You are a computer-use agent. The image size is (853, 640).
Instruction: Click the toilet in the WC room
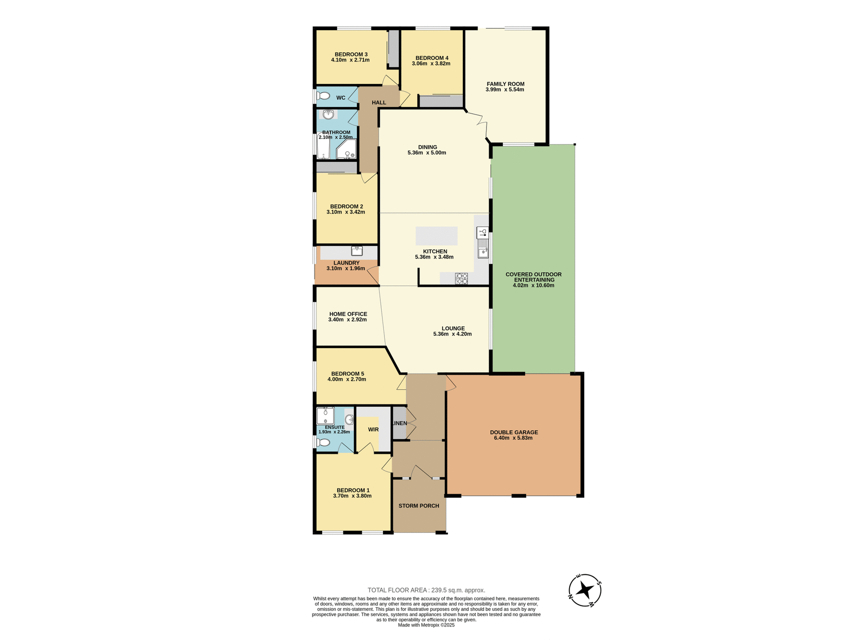coord(323,96)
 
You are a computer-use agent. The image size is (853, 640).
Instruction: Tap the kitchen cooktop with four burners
coord(462,279)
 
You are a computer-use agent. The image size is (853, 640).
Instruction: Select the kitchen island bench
coord(436,236)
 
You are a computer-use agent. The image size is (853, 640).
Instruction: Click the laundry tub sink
coord(357,251)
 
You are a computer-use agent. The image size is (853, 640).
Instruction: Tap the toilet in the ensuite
coord(323,443)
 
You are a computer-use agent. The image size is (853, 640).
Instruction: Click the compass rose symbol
coord(585,590)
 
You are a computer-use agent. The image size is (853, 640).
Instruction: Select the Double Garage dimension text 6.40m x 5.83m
coord(513,438)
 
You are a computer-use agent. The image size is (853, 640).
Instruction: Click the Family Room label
coord(505,84)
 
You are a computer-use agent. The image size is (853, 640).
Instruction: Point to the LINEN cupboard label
coord(399,423)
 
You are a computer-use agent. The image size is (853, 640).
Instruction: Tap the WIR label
coord(373,429)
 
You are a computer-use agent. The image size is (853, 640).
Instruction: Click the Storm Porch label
coord(419,506)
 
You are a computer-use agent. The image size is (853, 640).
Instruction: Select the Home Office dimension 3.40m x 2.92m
coord(347,320)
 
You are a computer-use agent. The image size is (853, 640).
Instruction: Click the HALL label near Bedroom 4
coord(379,103)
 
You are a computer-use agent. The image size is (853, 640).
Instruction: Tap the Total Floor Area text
coord(426,590)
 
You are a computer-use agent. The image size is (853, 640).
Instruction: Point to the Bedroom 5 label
coord(347,374)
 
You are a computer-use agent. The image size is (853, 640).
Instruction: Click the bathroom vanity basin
coord(328,115)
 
